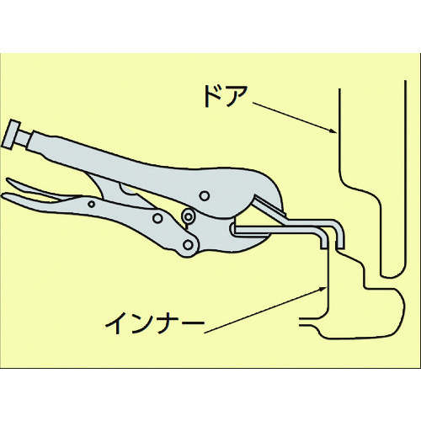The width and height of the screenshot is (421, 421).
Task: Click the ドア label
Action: coord(226,96)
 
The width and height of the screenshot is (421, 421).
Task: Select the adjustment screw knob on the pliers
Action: coord(12,134)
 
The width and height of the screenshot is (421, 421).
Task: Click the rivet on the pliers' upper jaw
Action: coord(205,195)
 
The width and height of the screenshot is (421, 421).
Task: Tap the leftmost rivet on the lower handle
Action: coord(91,204)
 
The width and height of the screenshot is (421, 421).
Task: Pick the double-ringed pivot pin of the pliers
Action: coord(189,216)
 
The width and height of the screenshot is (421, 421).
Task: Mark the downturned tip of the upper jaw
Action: coord(340,246)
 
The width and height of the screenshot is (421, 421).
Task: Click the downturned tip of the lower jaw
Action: coord(324,246)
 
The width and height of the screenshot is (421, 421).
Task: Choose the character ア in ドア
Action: coord(237,97)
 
